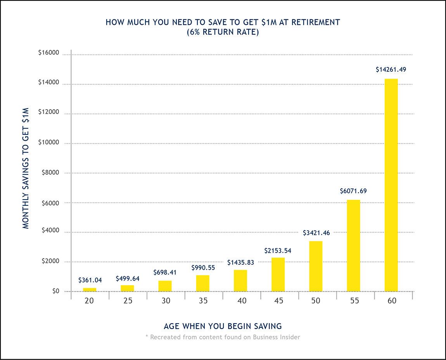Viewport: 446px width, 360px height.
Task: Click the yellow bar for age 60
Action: coord(391,185)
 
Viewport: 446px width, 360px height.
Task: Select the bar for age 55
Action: coord(353,245)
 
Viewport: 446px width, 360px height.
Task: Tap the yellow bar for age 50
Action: coord(316,266)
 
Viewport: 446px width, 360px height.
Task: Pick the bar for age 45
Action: coord(278,274)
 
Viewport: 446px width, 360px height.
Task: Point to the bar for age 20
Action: coord(90,289)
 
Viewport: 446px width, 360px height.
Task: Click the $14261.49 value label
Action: coord(391,70)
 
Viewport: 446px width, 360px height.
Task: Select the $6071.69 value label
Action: coord(353,191)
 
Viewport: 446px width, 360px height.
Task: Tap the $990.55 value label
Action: coord(203,268)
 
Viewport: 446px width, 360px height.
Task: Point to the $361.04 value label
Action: coord(90,280)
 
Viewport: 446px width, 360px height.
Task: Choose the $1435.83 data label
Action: coord(240,262)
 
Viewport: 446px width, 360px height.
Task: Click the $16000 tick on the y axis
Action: coord(48,53)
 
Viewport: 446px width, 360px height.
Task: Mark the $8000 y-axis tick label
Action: coord(50,172)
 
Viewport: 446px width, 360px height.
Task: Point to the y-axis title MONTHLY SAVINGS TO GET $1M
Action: coord(26,168)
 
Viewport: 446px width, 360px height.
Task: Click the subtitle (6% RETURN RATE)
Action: coord(223,33)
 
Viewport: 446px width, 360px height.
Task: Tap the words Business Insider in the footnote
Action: coord(277,337)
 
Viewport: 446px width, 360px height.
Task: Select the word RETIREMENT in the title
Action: coord(316,22)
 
